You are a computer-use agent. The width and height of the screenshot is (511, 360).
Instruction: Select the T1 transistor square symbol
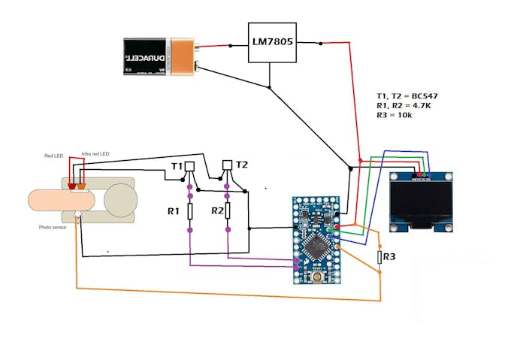coord(189,166)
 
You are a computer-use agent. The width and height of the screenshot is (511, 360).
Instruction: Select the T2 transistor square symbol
coord(228,165)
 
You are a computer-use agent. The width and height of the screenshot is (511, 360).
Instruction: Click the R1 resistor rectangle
coord(190,211)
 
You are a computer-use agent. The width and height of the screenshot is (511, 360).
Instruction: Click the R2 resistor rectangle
coord(228,211)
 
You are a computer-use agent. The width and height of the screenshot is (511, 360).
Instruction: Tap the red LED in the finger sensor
coord(71,186)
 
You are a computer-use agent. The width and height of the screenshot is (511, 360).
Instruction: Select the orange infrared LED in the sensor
coord(80,186)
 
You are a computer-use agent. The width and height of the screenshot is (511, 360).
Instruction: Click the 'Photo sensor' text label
coord(54,226)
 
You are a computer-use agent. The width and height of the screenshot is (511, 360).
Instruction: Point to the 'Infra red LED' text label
coord(95,154)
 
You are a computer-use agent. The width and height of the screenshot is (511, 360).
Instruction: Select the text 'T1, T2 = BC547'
coord(406,97)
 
